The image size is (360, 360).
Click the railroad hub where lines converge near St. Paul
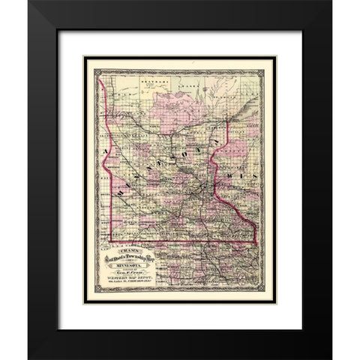(196, 185)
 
